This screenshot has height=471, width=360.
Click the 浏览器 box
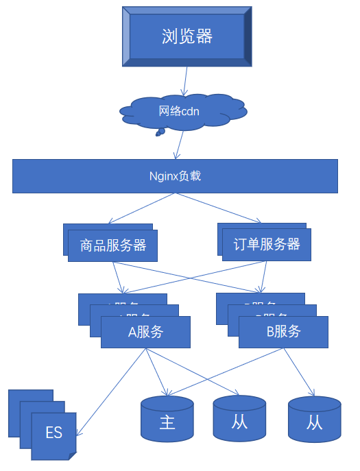coord(187,36)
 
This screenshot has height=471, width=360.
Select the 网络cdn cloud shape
coord(180,111)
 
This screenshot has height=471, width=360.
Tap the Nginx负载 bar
coord(175,176)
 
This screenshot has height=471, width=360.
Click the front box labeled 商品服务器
coord(113,245)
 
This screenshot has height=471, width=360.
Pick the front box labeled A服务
coord(145,333)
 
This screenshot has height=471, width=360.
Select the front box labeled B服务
coord(283,332)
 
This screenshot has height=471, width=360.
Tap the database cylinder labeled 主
coord(167,420)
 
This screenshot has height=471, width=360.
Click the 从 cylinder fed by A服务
coord(239,420)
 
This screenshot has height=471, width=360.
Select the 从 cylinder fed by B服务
coord(314,420)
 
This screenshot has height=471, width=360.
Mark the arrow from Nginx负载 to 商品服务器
coord(141,208)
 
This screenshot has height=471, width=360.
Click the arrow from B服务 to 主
coord(226,372)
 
